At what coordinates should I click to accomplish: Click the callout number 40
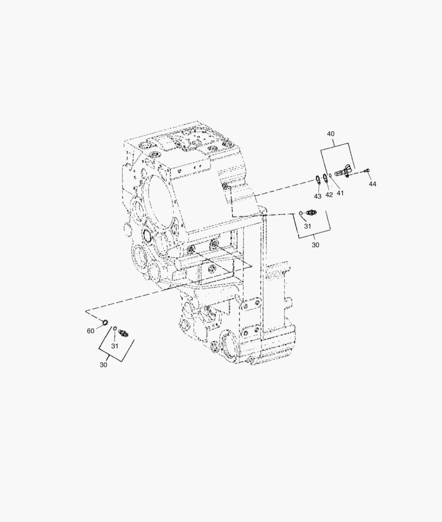tap(331, 134)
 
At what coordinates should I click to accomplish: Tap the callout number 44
tap(373, 184)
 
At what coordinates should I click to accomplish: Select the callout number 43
tap(318, 196)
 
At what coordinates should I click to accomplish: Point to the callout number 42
tap(329, 195)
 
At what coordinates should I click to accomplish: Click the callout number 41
tap(340, 193)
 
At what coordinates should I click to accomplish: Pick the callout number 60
tap(90, 331)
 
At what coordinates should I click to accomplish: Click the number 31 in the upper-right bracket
tap(308, 226)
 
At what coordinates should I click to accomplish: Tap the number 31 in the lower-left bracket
tap(115, 346)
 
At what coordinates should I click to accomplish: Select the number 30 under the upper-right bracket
tap(316, 245)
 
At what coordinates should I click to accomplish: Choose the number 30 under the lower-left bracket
tap(103, 365)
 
